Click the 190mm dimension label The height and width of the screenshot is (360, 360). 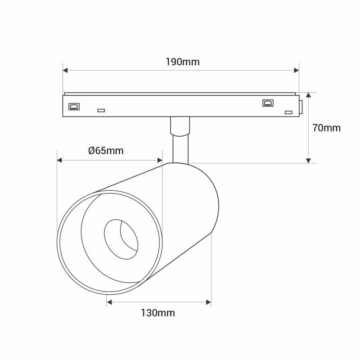click(x=182, y=62)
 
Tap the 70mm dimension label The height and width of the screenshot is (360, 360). click(x=326, y=128)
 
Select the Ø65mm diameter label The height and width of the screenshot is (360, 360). click(x=106, y=151)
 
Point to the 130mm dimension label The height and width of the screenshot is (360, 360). click(x=158, y=313)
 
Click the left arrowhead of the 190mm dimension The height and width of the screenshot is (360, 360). click(x=65, y=70)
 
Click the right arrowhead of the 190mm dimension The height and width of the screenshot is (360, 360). click(x=296, y=70)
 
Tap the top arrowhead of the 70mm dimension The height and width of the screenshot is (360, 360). click(x=308, y=95)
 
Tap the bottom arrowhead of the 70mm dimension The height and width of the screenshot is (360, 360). click(x=308, y=160)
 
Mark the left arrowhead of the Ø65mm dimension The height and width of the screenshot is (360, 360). click(x=59, y=160)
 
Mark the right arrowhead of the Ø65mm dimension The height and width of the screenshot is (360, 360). click(x=159, y=160)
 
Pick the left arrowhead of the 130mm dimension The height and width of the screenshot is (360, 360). click(x=109, y=302)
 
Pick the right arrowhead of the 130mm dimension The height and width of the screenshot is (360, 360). click(x=208, y=302)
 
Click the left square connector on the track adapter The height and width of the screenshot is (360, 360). click(x=73, y=106)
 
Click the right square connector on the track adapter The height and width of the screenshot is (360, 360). click(x=268, y=103)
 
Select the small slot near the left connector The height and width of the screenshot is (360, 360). click(x=101, y=110)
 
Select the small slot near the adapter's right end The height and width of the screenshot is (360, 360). click(x=288, y=112)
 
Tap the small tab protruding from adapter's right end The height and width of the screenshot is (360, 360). click(x=300, y=105)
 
